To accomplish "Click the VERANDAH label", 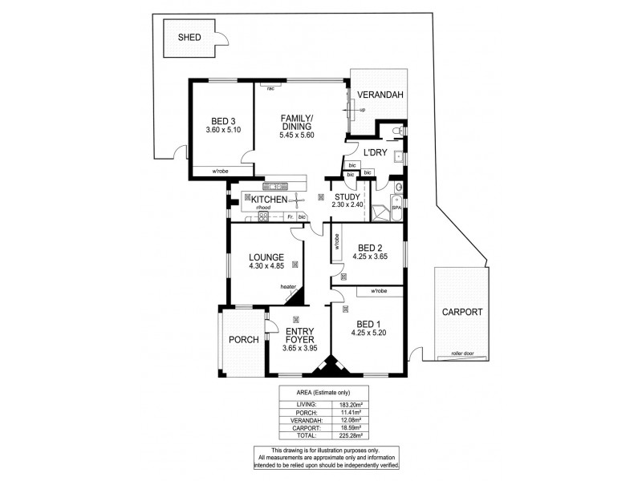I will (380, 95).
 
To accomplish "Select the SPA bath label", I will (396, 208).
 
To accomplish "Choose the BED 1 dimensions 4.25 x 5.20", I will (372, 332).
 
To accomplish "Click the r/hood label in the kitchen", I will (263, 207).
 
